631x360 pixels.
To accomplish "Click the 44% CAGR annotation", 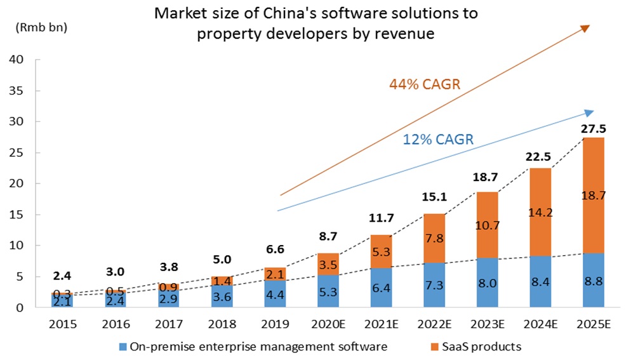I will (416, 85).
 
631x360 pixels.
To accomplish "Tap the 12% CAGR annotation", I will (439, 140).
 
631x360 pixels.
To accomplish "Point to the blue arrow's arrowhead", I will (588, 113).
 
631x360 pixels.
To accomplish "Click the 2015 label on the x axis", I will (62, 324).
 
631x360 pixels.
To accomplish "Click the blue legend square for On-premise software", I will (123, 347).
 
